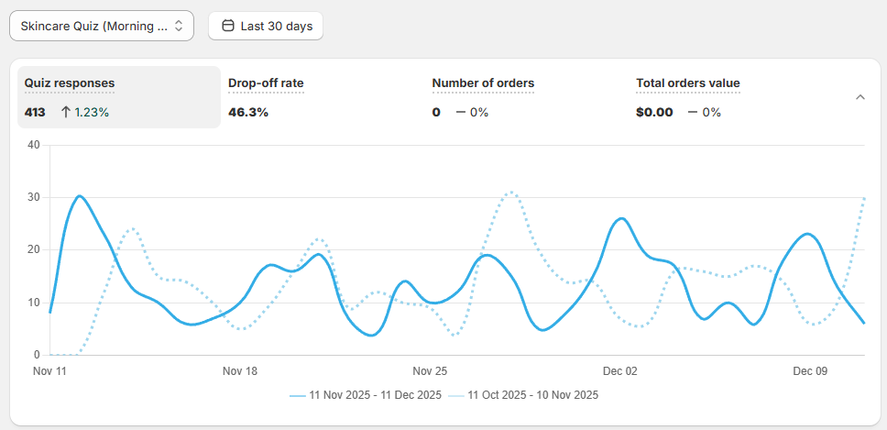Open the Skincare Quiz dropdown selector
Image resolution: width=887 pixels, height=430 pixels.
101,26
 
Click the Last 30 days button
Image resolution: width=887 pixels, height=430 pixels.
266,26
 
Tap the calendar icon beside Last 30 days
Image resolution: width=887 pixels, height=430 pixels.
228,26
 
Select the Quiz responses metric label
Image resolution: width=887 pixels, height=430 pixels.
70,83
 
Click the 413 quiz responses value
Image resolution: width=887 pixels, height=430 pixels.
36,112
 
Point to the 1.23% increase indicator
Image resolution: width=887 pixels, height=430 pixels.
85,112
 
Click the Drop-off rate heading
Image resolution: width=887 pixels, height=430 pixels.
266,83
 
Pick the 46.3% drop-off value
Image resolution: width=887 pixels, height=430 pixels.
248,112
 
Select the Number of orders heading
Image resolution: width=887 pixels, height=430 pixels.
483,83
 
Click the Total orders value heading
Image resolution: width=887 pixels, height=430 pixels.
688,83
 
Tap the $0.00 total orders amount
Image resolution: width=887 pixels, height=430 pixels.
654,112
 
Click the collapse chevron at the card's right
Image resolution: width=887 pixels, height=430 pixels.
860,97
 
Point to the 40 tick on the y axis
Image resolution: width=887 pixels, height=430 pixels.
34,145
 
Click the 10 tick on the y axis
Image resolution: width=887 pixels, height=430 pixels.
34,303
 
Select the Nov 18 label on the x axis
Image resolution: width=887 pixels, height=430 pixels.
240,371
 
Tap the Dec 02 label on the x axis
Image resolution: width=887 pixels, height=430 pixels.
620,371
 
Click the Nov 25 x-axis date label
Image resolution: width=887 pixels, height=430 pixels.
430,371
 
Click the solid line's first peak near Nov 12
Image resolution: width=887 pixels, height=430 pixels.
80,196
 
